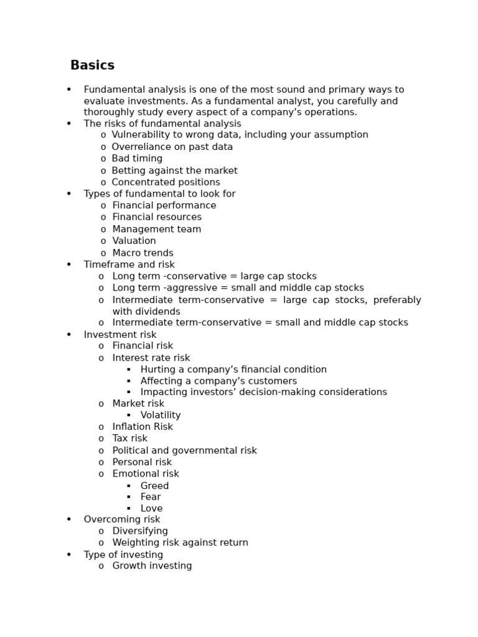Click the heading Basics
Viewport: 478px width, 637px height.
coord(92,65)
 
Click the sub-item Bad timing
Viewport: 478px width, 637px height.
coord(137,159)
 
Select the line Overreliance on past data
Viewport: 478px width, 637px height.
coord(172,147)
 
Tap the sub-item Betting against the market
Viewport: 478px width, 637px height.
coord(174,170)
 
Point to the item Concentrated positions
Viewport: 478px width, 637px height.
coord(166,182)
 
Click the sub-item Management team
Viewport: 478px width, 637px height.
coord(156,229)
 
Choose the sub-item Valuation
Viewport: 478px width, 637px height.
coord(134,241)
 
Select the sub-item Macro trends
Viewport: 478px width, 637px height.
coord(143,253)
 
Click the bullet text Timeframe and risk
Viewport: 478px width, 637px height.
coord(129,264)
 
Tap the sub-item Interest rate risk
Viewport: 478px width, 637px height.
coord(151,358)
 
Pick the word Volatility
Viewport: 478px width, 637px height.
coord(161,415)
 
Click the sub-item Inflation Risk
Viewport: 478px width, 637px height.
coord(143,427)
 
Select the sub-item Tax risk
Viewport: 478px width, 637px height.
coord(129,438)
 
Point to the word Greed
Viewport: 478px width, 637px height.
coord(154,486)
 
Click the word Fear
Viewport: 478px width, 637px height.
coord(151,497)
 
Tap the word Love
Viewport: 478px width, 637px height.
coord(151,508)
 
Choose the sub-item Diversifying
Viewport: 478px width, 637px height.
coord(140,531)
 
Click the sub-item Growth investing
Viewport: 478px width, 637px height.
coord(152,565)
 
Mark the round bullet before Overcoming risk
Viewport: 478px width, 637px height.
coord(69,519)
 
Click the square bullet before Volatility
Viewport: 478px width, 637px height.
coord(129,416)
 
